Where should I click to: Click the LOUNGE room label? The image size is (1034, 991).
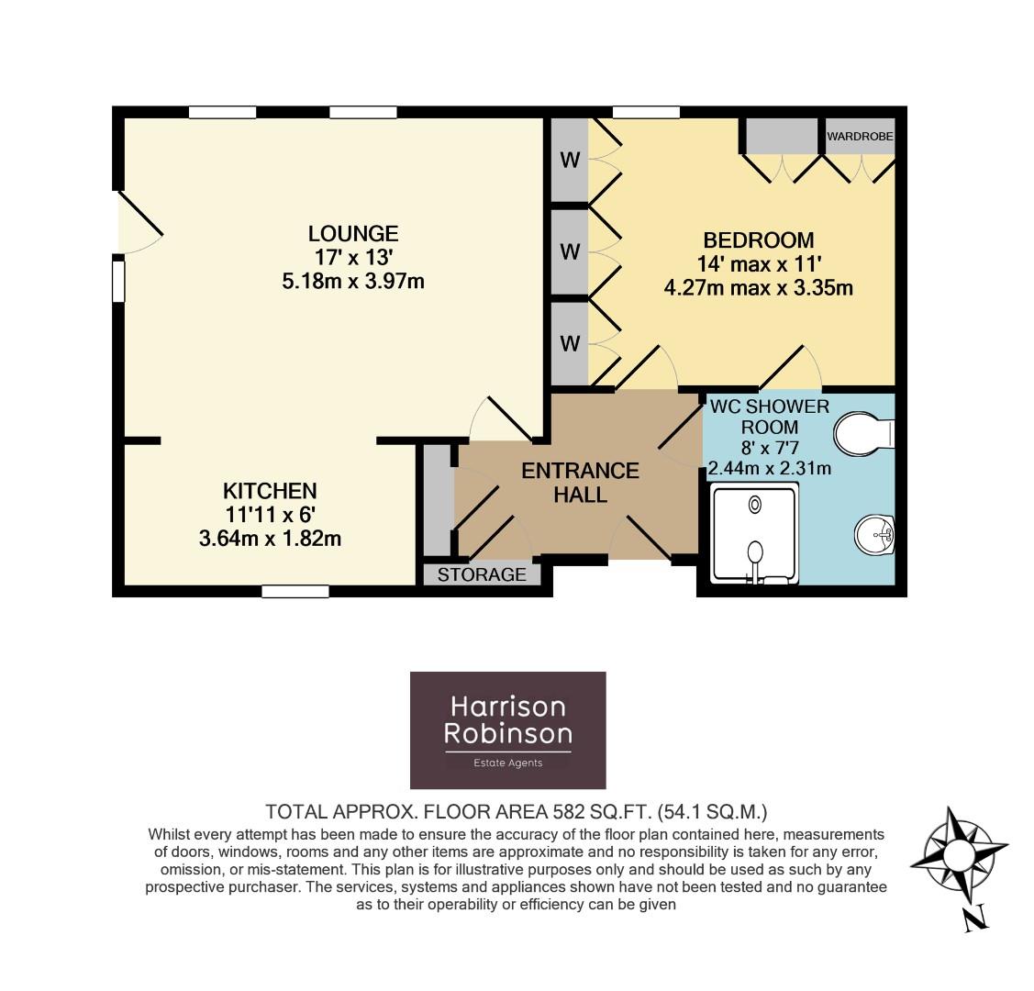pos(352,233)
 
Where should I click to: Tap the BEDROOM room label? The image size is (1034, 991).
pos(758,240)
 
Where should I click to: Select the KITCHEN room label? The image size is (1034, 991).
pos(270,491)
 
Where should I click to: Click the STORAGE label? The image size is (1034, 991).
pos(482,575)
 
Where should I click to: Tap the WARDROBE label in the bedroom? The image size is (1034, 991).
pos(860,137)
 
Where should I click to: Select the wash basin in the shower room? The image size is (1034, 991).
pos(876,535)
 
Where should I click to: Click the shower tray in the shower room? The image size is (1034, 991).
pos(755,534)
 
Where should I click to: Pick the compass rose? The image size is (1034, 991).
pos(960,857)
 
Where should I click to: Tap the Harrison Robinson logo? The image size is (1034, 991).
pos(507,729)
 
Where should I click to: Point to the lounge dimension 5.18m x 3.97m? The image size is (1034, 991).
pos(352,281)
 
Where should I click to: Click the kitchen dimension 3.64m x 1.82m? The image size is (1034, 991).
pos(270,539)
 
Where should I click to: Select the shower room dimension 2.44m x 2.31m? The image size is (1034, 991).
pos(769,469)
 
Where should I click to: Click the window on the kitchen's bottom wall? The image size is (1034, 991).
pos(295,592)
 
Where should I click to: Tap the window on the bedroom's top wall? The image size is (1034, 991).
pos(646,112)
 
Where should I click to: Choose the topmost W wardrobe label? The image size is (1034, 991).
pos(571,161)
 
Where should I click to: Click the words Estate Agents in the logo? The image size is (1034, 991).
pos(507,763)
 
